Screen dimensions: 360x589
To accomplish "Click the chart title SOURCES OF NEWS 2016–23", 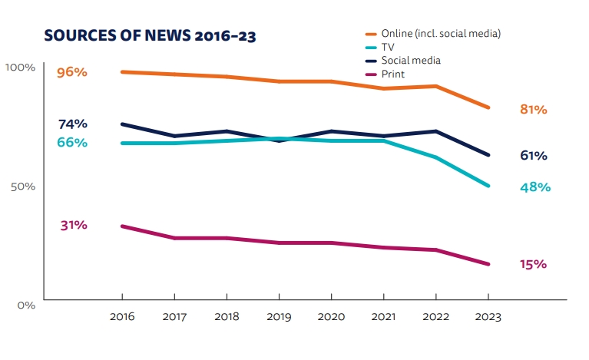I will pos(150,36).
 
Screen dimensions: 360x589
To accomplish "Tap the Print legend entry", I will pos(392,74).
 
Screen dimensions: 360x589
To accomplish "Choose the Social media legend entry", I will pos(411,61).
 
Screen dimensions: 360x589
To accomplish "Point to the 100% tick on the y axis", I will pos(21,68).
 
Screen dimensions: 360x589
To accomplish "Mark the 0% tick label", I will pos(26,305).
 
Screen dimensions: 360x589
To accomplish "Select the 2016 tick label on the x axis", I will pos(122,316).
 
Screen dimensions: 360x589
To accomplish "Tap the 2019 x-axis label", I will pos(279,316).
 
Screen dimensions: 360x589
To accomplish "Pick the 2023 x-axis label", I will pos(488,316).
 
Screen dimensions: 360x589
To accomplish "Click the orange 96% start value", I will pos(72,72).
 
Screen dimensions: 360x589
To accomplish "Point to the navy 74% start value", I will pos(72,124).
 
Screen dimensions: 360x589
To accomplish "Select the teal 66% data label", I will pos(72,143).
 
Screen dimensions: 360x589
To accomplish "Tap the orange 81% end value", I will pos(533,110).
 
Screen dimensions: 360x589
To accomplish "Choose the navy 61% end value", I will pos(533,156).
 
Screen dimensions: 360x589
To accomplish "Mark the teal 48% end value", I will pos(535,187).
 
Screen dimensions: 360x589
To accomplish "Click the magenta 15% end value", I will pos(533,264).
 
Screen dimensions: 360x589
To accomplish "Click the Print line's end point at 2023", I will pos(488,264).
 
